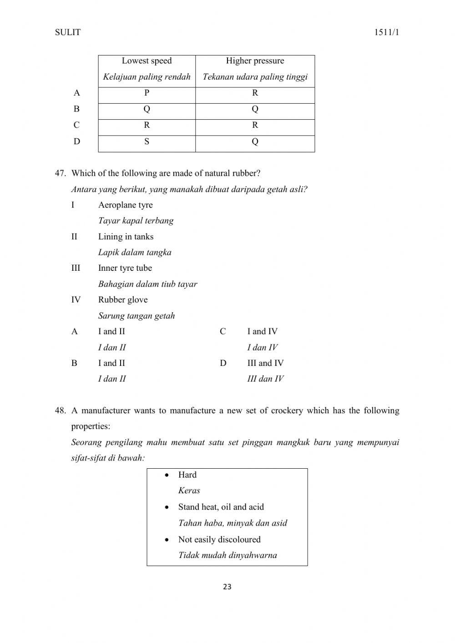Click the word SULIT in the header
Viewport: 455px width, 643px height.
[x=67, y=32]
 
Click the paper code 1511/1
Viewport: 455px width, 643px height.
[x=386, y=32]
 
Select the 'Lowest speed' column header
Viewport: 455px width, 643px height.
[x=147, y=61]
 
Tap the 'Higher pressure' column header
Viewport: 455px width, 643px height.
[x=255, y=61]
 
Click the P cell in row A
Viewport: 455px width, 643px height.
[x=147, y=93]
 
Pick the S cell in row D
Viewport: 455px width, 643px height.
[x=147, y=142]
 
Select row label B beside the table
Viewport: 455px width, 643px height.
[x=76, y=109]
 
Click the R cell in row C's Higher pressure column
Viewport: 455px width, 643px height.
[x=255, y=125]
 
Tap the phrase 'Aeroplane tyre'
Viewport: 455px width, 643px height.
[x=125, y=205]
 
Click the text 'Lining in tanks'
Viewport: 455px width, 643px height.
[x=126, y=237]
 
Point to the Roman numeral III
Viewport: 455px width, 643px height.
[x=76, y=268]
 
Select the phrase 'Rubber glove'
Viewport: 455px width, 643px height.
[x=123, y=300]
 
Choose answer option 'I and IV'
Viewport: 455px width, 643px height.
[x=262, y=332]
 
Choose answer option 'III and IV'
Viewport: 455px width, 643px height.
[x=265, y=363]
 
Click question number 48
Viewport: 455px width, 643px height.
[x=61, y=410]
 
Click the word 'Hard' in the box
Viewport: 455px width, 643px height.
[x=187, y=475]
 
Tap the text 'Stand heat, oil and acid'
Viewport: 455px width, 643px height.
[x=221, y=507]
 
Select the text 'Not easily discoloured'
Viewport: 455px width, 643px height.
[x=219, y=540]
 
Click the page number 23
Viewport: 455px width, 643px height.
[x=227, y=587]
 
